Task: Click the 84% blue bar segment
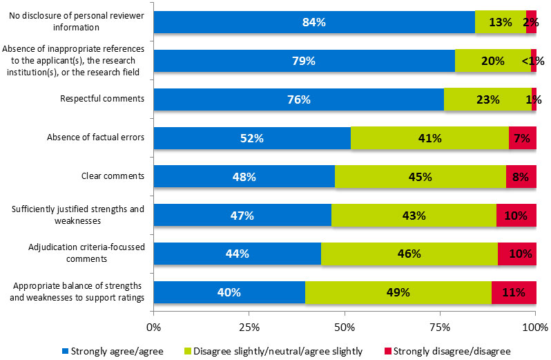tap(314, 22)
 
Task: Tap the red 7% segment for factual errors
tap(522, 138)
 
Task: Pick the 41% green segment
tap(429, 138)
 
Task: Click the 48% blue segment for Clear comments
tap(244, 176)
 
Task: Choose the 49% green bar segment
tap(398, 292)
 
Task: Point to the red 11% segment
tap(514, 292)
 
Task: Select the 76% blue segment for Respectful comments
tap(298, 100)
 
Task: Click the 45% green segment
tap(420, 176)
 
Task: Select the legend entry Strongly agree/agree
tap(118, 350)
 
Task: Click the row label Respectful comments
tap(103, 99)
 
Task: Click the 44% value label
tap(238, 254)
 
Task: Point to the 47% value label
tap(242, 216)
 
